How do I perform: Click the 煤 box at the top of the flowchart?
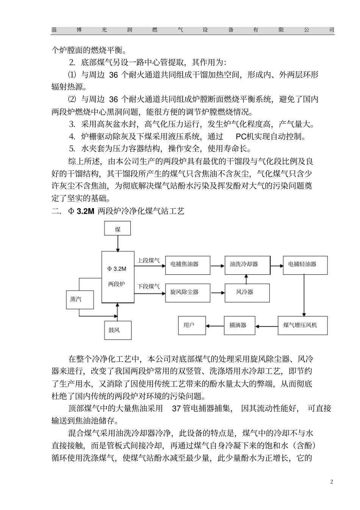[118, 229]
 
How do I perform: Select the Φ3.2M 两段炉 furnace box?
[117, 277]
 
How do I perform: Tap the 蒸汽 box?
[79, 299]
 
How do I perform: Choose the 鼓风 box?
[117, 330]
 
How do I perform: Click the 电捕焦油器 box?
[188, 264]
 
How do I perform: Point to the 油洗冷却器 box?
[247, 264]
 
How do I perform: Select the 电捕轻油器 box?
[305, 264]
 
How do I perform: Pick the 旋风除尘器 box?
[188, 293]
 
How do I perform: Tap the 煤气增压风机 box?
[303, 325]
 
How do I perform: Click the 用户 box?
[192, 325]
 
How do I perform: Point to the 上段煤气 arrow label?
[148, 260]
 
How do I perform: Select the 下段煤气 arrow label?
[148, 286]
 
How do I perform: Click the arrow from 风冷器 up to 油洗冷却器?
[247, 279]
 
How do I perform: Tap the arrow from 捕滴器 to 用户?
[215, 325]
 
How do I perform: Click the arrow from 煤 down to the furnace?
[118, 243]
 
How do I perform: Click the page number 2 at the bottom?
[332, 482]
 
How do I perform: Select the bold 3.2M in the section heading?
[85, 211]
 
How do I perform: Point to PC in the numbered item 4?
[241, 137]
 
